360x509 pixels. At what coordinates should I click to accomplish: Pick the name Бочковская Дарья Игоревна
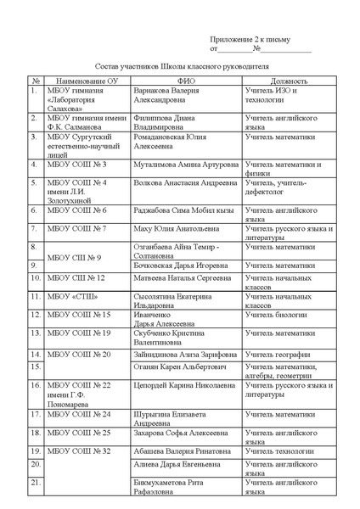177,266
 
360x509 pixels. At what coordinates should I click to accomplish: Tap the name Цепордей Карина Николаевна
185,384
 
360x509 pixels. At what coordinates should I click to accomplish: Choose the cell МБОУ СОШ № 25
79,433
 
